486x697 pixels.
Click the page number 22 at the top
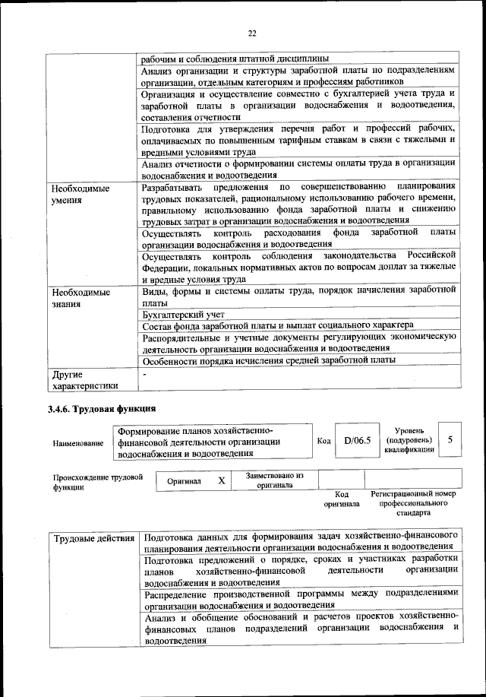click(x=252, y=32)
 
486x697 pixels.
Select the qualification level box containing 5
click(x=450, y=439)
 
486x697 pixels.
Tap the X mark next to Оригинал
click(x=222, y=481)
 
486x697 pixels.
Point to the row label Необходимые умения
click(x=79, y=194)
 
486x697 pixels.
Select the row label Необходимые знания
click(x=79, y=298)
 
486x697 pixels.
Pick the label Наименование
click(x=78, y=443)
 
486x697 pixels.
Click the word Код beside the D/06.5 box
click(x=323, y=440)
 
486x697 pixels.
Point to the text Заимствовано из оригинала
click(x=274, y=480)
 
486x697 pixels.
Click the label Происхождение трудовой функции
click(x=97, y=482)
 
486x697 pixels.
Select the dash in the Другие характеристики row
click(x=144, y=374)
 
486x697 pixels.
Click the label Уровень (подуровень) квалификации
click(x=409, y=440)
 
